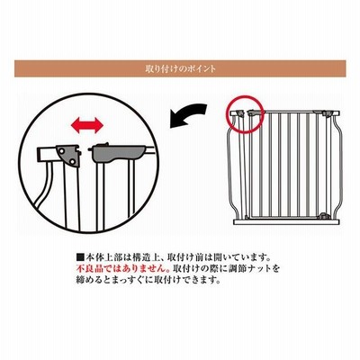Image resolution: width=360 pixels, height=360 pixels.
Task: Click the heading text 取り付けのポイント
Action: (x=180, y=68)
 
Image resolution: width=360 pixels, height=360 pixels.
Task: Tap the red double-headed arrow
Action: (x=87, y=125)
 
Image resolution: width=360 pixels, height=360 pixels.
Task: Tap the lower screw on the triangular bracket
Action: (x=72, y=162)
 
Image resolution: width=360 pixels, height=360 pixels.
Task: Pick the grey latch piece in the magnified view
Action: (x=119, y=153)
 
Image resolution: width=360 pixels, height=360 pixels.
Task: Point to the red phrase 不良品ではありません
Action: (x=121, y=267)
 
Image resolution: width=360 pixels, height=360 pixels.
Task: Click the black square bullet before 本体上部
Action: (x=80, y=257)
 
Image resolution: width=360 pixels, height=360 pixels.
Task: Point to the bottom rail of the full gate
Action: (x=286, y=222)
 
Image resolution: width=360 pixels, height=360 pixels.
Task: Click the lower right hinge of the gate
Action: (x=323, y=215)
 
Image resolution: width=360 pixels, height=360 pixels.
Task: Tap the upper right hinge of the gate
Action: (x=327, y=113)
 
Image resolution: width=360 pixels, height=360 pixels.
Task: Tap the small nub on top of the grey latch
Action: (x=105, y=145)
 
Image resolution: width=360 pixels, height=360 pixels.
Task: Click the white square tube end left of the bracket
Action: (x=47, y=154)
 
